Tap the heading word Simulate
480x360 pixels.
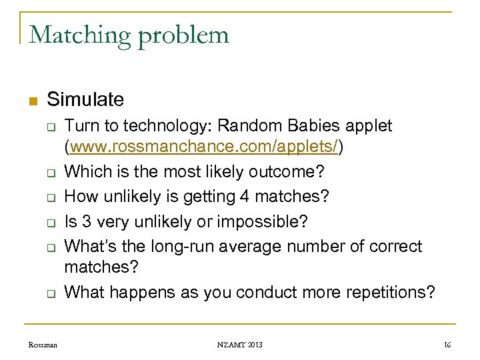point(85,100)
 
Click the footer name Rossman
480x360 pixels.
point(43,345)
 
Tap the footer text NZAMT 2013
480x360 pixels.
point(239,345)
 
